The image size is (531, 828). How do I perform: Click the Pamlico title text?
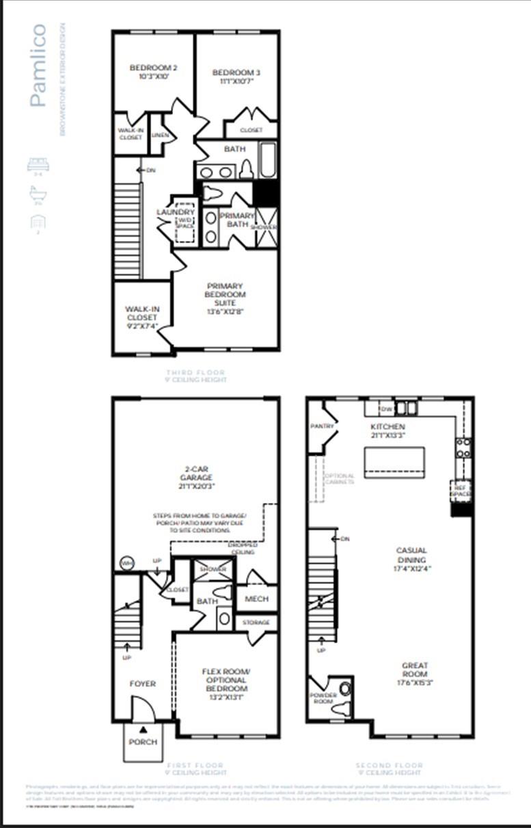(x=38, y=66)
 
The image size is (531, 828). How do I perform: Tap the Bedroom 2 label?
(x=154, y=72)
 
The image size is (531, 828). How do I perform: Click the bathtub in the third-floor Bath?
(x=268, y=160)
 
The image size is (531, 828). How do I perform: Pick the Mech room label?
(x=256, y=599)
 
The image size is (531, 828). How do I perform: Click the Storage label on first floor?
(x=256, y=623)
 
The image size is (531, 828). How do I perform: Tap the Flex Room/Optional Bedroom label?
(x=225, y=680)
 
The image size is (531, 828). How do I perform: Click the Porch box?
(x=143, y=742)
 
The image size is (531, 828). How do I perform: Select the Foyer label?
(x=143, y=684)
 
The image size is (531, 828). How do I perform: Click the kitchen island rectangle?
(x=394, y=462)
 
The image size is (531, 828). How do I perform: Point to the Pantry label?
(x=322, y=426)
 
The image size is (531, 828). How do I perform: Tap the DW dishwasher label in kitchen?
(x=386, y=409)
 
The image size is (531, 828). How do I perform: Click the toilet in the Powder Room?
(x=344, y=688)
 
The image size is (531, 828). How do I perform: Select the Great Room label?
(x=415, y=669)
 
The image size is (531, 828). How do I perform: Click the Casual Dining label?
(x=412, y=559)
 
